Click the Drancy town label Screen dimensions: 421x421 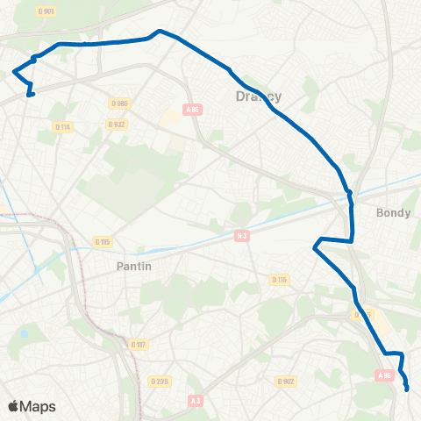(x=259, y=96)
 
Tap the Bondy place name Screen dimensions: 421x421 (x=392, y=212)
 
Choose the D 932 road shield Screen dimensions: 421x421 (x=116, y=125)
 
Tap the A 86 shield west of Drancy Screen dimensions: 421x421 (x=192, y=109)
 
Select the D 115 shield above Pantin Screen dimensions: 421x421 (x=103, y=241)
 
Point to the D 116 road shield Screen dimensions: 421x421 (x=279, y=279)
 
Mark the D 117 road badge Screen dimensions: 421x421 (x=137, y=344)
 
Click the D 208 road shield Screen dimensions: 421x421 (x=159, y=381)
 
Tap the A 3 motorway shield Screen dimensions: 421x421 (x=196, y=399)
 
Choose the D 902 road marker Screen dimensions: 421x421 (x=286, y=381)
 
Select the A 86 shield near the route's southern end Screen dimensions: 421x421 (x=384, y=375)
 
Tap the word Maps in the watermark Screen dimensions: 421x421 (x=39, y=406)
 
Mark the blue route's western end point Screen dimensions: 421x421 (x=30, y=95)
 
